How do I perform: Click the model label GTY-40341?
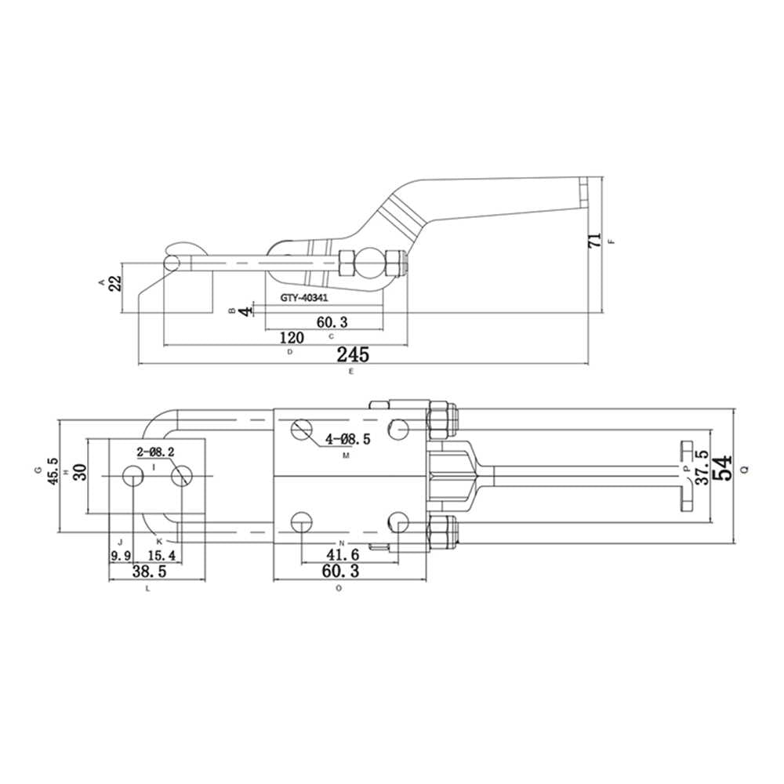304,297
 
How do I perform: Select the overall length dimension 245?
353,354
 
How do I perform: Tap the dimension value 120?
292,338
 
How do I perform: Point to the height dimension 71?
595,241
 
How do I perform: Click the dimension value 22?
115,284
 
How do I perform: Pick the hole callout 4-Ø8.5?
348,440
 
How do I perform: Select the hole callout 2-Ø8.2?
155,452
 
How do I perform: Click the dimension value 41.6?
343,554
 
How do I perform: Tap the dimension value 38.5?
150,571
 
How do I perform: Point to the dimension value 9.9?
121,555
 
